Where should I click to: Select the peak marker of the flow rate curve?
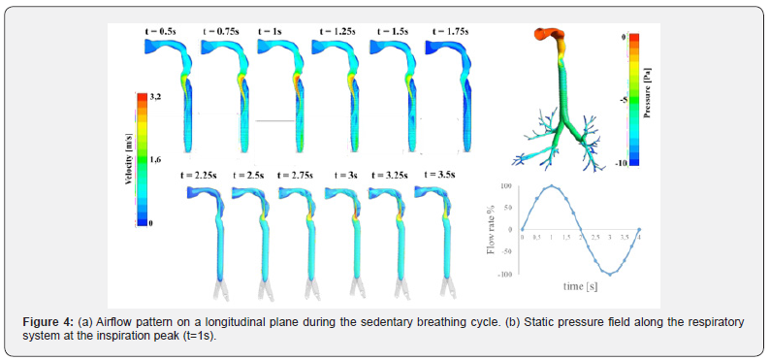point(551,185)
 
